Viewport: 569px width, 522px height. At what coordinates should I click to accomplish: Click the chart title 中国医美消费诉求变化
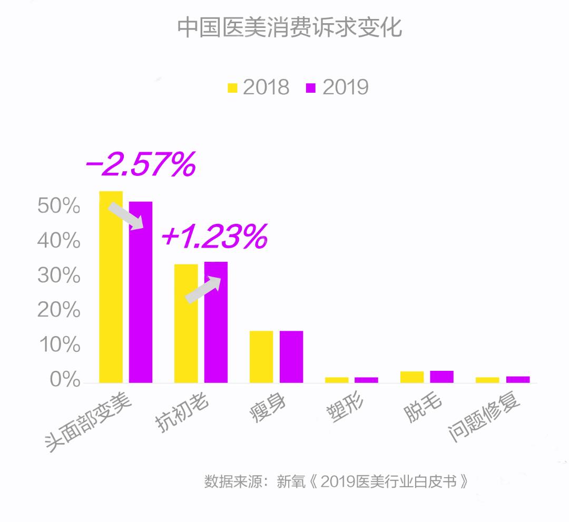[x=289, y=28]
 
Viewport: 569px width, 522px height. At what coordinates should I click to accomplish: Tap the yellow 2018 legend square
[x=232, y=87]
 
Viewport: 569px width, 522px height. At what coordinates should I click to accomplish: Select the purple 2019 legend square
[x=311, y=87]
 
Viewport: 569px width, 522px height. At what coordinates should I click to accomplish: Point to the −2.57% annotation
[x=140, y=165]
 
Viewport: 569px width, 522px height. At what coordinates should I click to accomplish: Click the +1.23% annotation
[x=214, y=237]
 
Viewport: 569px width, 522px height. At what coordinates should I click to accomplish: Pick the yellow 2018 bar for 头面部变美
[x=111, y=287]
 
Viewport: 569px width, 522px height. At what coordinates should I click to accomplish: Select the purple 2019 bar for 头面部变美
[x=141, y=292]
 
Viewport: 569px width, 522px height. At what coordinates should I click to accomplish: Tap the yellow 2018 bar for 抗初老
[x=186, y=323]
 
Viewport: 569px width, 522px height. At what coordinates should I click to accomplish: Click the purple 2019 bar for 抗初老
[x=216, y=322]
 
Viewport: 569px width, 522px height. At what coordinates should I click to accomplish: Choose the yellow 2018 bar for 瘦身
[x=261, y=357]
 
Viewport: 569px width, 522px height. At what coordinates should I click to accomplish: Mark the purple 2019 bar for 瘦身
[x=291, y=357]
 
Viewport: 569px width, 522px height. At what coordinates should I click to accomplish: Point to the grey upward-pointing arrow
[x=203, y=290]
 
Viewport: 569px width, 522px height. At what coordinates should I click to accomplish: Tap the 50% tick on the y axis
[x=59, y=206]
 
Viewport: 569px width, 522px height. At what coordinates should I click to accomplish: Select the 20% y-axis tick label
[x=59, y=310]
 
